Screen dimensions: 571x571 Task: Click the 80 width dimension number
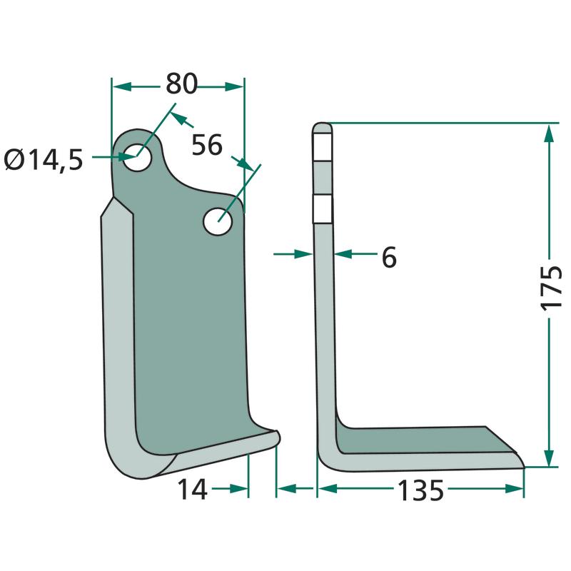[182, 84]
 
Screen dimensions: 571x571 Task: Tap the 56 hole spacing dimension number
[207, 145]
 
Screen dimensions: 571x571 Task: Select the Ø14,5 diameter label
[44, 160]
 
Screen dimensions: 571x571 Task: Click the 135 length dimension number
[420, 490]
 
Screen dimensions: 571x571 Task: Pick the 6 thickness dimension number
[389, 258]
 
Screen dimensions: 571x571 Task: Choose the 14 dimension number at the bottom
[192, 490]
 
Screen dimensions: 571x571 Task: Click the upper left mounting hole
[137, 157]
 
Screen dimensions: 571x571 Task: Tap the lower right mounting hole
[218, 221]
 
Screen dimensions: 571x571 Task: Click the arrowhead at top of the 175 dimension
[550, 133]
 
